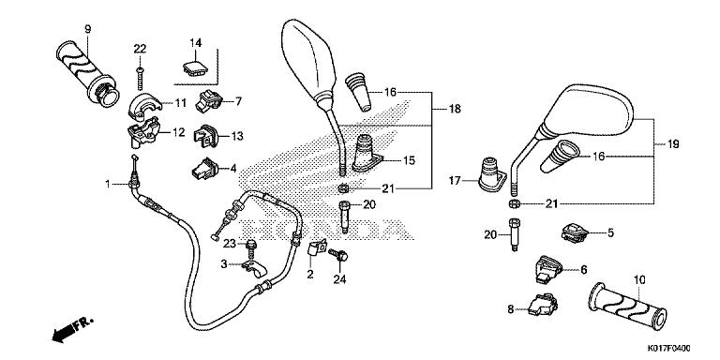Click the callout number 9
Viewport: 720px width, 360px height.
tap(88, 29)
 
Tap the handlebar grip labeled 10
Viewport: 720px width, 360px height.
tap(627, 307)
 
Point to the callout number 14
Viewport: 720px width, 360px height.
tap(196, 43)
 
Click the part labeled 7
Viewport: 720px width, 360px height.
tap(209, 100)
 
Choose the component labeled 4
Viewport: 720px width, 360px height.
tap(203, 169)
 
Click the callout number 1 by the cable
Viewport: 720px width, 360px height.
tap(108, 184)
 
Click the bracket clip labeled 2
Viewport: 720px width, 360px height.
tap(316, 248)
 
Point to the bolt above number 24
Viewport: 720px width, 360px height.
tap(339, 254)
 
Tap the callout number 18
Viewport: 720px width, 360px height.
tap(455, 109)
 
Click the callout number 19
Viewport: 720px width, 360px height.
tap(673, 143)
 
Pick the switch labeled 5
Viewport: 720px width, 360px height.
tap(575, 232)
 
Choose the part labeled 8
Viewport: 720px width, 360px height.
tap(542, 306)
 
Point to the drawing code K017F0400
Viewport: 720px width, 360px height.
tap(669, 349)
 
